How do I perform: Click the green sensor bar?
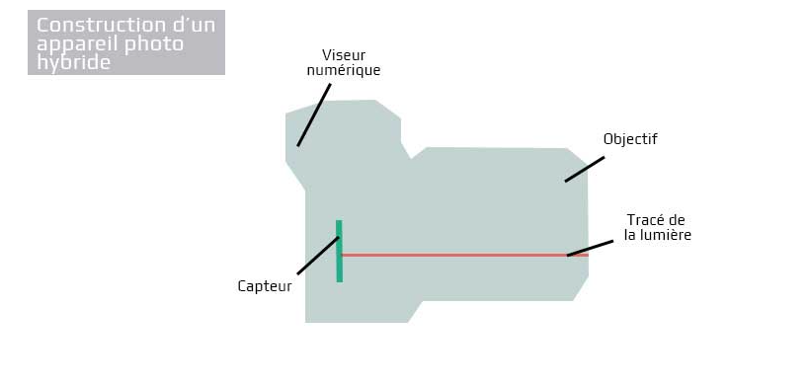(x=339, y=251)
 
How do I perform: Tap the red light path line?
(x=465, y=255)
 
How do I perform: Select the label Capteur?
(x=265, y=286)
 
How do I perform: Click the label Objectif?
(x=630, y=139)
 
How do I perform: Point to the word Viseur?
(x=344, y=55)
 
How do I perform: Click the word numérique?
(x=344, y=70)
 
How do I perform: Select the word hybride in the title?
(x=74, y=63)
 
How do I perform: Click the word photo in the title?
(x=154, y=44)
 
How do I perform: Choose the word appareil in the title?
(x=78, y=44)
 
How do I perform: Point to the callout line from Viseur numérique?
(x=314, y=115)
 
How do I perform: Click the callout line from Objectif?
(x=585, y=170)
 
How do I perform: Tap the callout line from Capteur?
(x=318, y=256)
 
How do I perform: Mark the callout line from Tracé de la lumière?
(x=590, y=248)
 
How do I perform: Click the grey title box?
(x=126, y=42)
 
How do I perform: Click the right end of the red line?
(x=588, y=255)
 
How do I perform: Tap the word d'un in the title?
(x=199, y=26)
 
